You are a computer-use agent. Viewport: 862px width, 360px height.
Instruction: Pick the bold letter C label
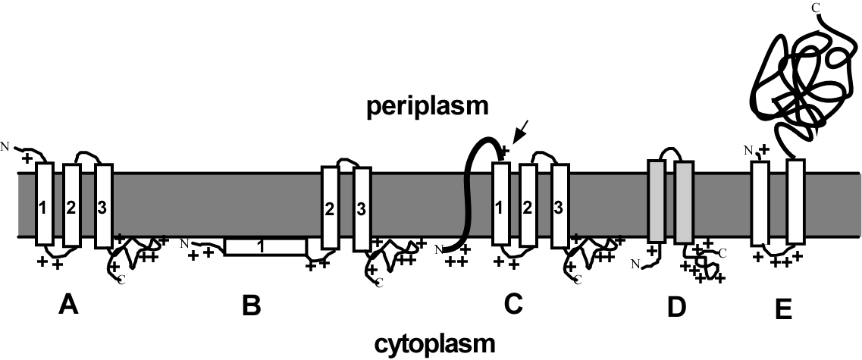point(513,305)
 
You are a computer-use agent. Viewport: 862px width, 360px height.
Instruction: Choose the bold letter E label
point(783,308)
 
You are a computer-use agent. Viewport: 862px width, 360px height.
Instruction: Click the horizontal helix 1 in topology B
point(265,247)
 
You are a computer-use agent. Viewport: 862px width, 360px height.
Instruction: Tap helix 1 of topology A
point(44,205)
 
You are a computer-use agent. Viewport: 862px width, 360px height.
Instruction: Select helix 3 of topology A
point(102,205)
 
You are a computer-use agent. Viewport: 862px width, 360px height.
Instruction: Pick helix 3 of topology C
point(560,205)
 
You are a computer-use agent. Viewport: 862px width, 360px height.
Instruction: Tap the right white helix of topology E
point(795,202)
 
